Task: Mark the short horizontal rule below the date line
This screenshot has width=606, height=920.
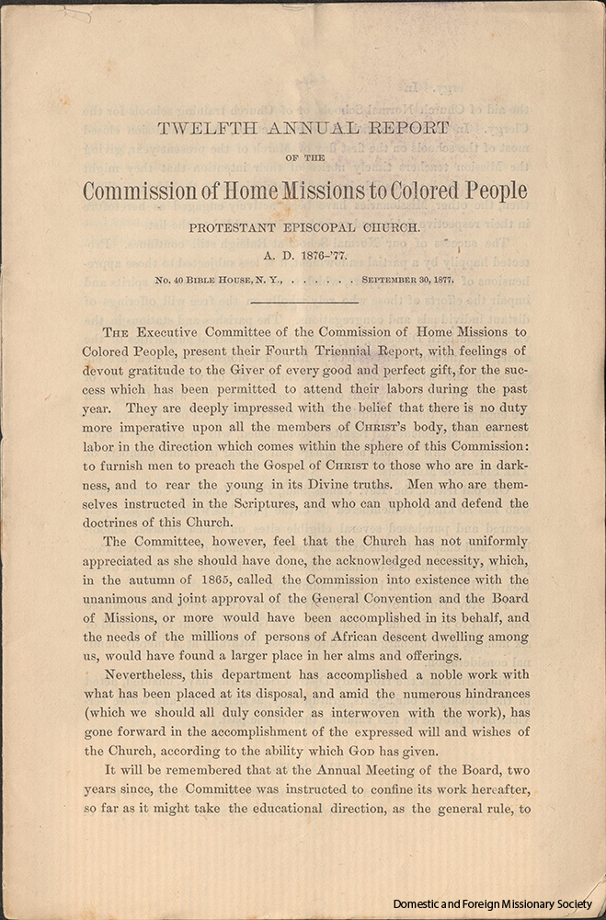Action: (x=303, y=300)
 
